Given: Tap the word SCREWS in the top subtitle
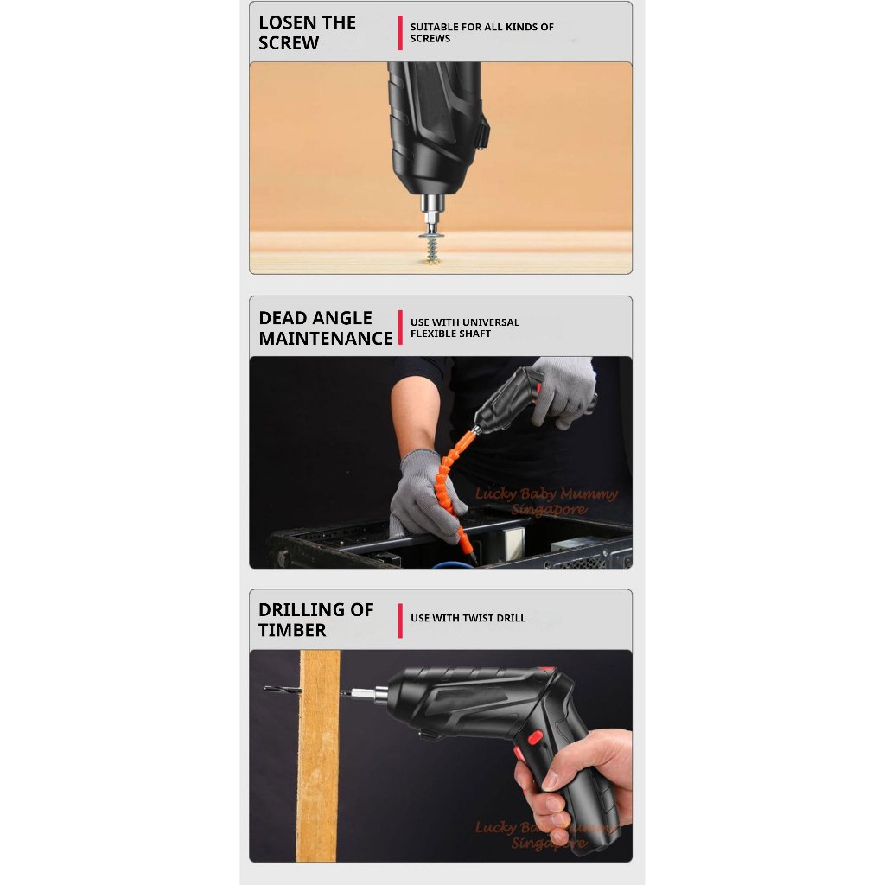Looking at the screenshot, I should pos(430,39).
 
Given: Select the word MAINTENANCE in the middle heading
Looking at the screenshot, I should pos(326,339).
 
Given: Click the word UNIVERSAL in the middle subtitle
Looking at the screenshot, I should pos(491,322).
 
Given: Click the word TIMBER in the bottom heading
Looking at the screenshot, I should pos(293,631).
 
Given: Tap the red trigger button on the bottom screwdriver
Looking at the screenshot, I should pos(534,737).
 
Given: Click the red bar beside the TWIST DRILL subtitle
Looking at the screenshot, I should pos(400,621).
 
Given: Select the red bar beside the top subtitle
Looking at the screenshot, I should pos(400,33).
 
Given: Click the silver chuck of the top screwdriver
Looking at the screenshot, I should pos(430,207).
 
